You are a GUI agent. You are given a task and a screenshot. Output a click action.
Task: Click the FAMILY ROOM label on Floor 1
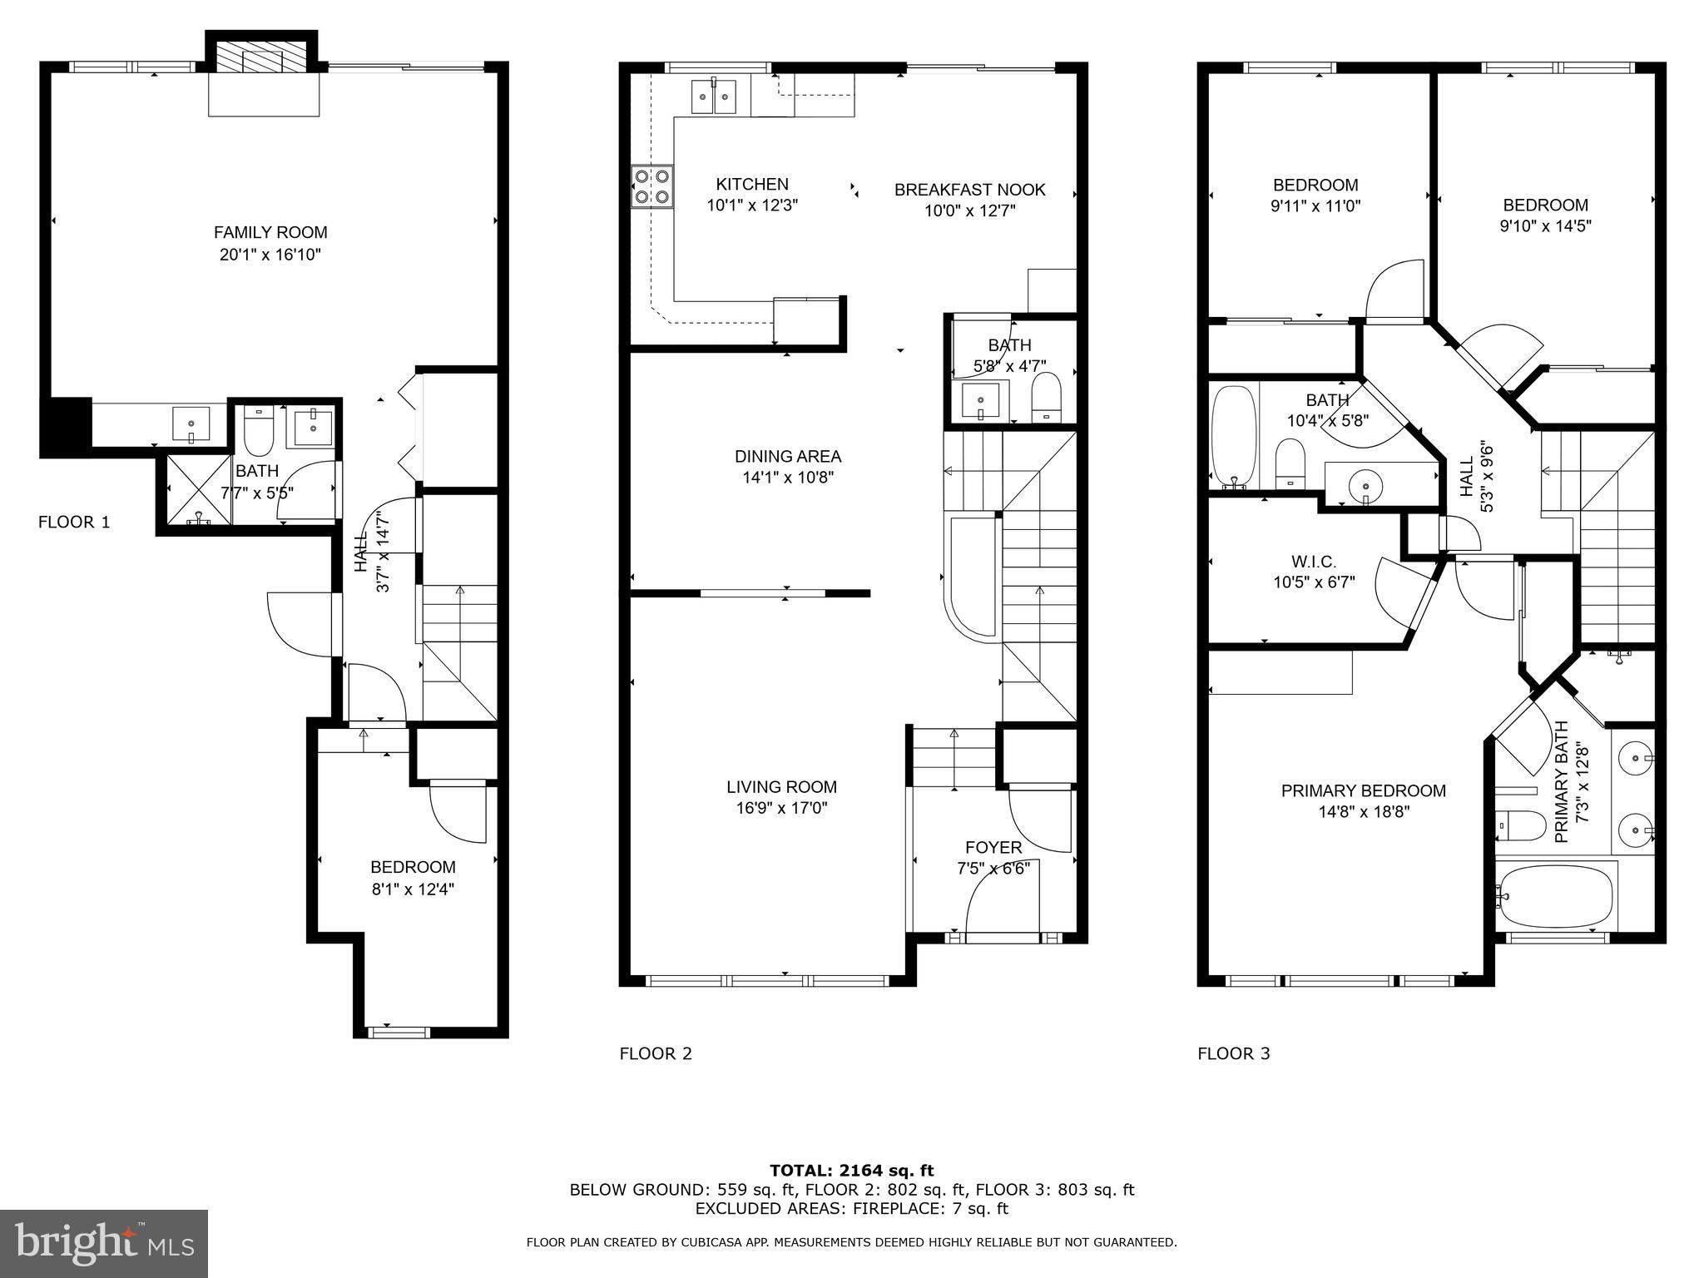coord(270,233)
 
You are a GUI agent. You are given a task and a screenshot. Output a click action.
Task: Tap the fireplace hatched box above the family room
coord(262,57)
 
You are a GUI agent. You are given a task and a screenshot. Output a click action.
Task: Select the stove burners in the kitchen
coord(652,186)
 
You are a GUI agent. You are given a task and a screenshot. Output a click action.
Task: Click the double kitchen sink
coord(715,96)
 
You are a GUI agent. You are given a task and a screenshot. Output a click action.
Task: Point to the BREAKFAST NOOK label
coord(969,190)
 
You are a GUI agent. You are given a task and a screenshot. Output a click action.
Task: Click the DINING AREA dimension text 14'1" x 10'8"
coord(788,478)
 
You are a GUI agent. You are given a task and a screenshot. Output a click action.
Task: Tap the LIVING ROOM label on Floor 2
coord(781,786)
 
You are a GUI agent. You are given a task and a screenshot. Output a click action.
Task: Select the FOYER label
coord(993,847)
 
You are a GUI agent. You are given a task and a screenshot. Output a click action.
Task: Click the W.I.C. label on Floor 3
coord(1314,562)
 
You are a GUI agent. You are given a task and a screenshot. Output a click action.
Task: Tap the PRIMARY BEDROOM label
coord(1363,790)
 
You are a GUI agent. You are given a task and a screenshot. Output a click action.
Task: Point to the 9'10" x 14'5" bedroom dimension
coord(1545,225)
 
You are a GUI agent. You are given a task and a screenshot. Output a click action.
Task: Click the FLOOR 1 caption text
coord(74,522)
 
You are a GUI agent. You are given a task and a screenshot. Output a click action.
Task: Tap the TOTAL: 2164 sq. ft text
coord(851,1171)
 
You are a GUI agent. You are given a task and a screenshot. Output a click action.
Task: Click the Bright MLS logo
coord(104,1243)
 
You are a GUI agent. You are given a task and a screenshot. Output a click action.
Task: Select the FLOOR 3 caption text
coord(1233,1053)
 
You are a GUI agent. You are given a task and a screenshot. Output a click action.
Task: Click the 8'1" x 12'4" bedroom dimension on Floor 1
coord(413,889)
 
